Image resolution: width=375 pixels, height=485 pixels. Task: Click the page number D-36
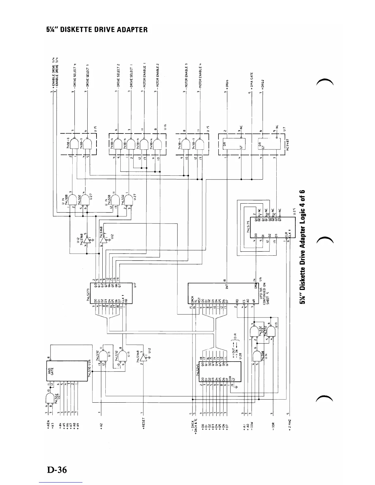point(57,470)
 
